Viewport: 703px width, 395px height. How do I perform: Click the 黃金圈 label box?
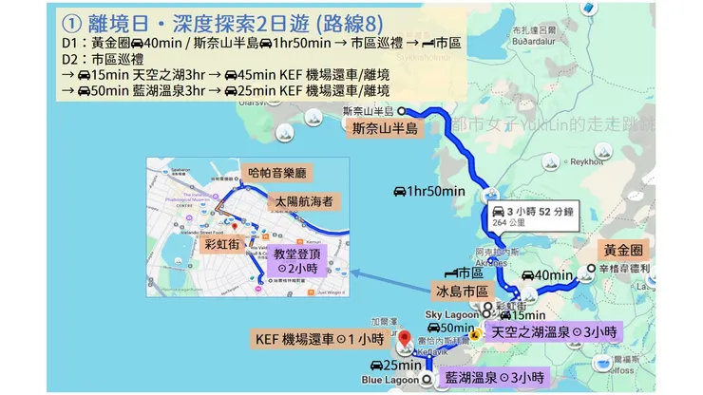(624, 250)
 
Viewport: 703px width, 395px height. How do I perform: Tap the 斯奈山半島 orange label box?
(385, 129)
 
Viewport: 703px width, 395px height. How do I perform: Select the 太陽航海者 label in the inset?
(302, 202)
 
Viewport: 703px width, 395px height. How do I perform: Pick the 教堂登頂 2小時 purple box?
(300, 261)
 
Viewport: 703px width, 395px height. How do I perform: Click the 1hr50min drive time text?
(429, 192)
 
